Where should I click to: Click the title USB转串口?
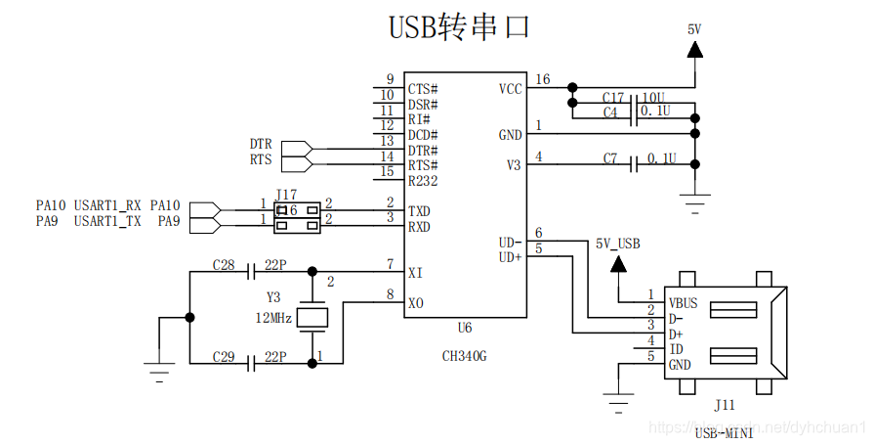pos(459,26)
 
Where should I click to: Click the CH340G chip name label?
pos(464,356)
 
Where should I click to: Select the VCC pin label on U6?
pos(510,89)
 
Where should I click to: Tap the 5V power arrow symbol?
pos(694,67)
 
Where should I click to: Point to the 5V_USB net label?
pos(617,244)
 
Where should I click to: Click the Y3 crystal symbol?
pos(312,316)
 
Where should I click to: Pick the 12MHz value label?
pos(273,318)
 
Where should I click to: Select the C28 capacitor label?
pos(224,266)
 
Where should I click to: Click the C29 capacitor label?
pos(224,359)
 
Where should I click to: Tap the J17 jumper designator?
pos(286,195)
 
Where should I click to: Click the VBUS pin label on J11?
pos(685,302)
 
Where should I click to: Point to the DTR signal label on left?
pos(261,144)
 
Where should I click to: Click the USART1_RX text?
pos(107,205)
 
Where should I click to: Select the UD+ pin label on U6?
pos(510,257)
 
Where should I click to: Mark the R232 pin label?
pos(423,181)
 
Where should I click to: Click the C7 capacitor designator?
pos(610,158)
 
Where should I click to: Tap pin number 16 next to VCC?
pos(543,80)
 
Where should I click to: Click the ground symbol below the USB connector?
pos(616,397)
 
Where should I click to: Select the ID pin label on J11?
pos(676,349)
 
